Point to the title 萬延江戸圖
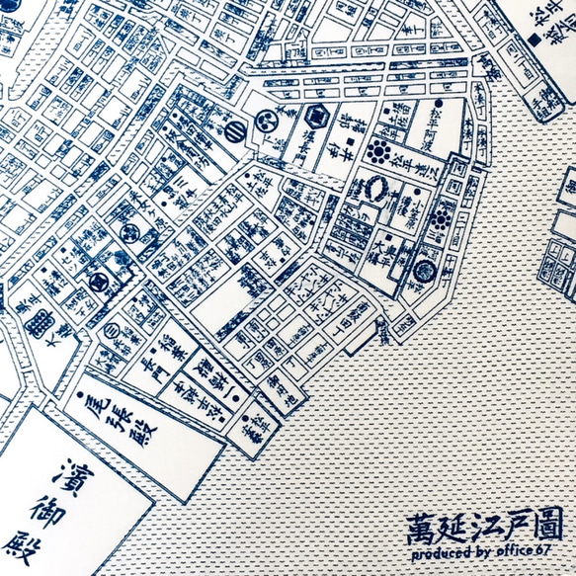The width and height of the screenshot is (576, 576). tap(484, 525)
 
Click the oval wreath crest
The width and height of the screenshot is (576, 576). tap(380, 186)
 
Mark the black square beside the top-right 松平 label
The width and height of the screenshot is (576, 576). tap(534, 39)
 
